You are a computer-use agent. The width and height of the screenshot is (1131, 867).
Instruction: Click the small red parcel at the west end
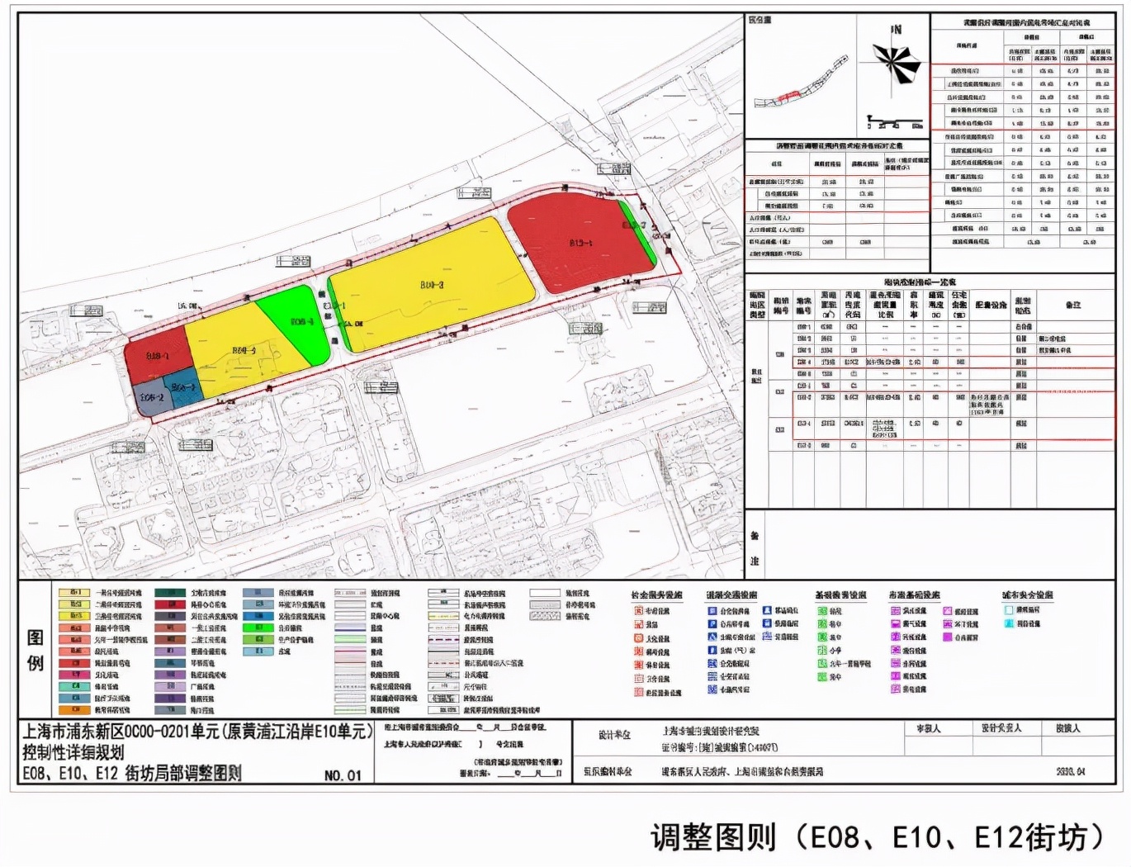(157, 355)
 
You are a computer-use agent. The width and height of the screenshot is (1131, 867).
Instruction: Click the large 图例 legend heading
(35, 649)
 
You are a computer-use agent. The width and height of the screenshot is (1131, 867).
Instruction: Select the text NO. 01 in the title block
(343, 775)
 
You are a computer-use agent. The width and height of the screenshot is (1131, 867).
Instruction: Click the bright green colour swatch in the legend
(258, 628)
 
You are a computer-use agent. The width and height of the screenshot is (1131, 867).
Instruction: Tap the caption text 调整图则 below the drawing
(713, 837)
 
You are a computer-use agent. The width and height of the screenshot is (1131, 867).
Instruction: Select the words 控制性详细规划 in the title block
(73, 752)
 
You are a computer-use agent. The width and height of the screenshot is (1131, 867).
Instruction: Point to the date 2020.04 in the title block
(1071, 772)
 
